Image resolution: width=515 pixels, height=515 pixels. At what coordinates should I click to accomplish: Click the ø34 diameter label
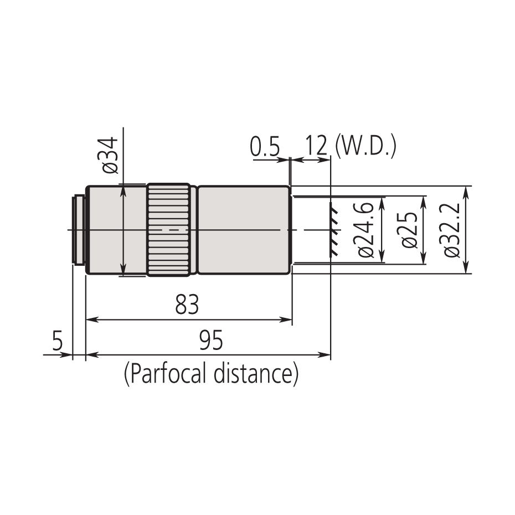[110, 156]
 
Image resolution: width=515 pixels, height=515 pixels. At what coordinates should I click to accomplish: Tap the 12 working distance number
[316, 147]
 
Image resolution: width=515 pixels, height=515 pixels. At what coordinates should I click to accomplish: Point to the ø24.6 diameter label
[367, 230]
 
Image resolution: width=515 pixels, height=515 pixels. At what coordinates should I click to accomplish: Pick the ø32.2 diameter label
[451, 230]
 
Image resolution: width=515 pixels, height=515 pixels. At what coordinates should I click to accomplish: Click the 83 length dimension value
[187, 305]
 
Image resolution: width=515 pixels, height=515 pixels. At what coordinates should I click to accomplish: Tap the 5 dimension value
[58, 341]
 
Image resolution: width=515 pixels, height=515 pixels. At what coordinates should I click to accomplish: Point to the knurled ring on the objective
[169, 230]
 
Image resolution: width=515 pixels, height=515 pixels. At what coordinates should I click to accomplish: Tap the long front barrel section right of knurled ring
[244, 230]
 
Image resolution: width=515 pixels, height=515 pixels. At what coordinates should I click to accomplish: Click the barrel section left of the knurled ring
[116, 230]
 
